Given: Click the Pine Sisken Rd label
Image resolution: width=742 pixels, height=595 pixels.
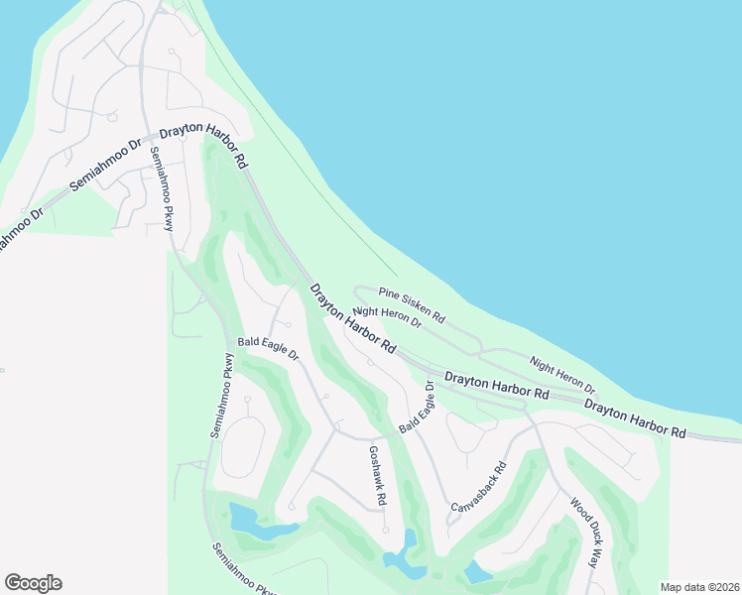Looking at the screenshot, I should tap(412, 305).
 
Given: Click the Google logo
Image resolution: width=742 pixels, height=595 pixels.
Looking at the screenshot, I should tap(33, 583).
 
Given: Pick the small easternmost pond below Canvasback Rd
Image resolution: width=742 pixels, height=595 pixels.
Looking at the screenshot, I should tap(477, 572).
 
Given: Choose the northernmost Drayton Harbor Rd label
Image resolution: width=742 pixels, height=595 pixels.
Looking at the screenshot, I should tap(203, 145).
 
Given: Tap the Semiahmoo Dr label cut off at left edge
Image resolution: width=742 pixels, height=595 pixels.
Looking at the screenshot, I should tap(20, 228).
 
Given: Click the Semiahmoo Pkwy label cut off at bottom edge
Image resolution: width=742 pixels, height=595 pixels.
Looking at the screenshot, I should tap(242, 569).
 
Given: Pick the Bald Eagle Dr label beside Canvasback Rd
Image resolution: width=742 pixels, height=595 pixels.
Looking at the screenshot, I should tap(418, 407).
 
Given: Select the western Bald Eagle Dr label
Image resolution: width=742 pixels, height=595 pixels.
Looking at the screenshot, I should tap(268, 351).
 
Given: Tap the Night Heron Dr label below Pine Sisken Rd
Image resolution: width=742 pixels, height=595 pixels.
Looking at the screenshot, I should tap(387, 318).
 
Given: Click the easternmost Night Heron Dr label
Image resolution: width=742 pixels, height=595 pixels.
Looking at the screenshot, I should tap(562, 376).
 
